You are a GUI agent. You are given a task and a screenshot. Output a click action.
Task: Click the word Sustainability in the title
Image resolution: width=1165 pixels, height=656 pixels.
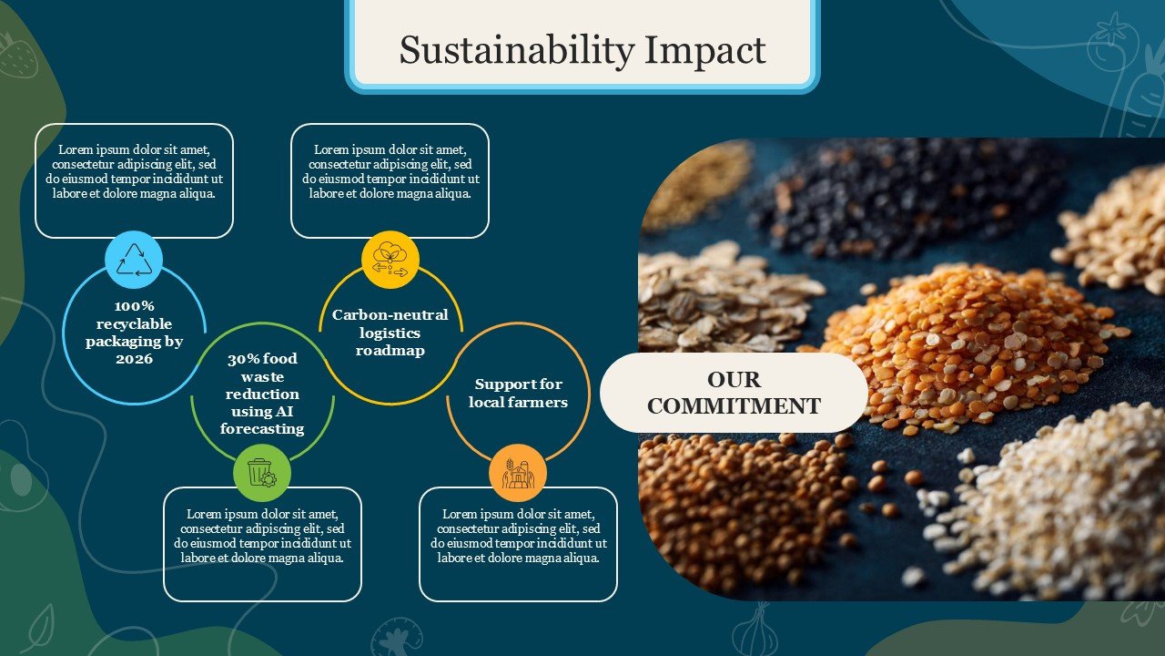[517, 51]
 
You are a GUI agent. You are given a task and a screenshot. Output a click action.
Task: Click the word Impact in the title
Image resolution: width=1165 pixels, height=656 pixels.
[705, 51]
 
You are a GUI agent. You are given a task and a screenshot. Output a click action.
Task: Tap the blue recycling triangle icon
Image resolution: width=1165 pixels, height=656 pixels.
[134, 260]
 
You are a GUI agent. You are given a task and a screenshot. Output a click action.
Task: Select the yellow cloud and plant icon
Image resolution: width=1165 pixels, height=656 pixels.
[390, 260]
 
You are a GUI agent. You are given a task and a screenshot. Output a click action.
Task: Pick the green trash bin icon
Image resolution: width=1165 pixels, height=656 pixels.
[261, 473]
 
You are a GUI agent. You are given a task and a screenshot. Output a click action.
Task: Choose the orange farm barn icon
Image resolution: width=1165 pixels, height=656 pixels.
[518, 473]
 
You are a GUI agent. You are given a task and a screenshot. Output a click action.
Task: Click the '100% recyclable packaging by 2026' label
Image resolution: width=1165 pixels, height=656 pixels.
[134, 333]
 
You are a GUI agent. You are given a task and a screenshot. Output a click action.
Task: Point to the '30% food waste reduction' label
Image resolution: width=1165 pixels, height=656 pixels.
[262, 394]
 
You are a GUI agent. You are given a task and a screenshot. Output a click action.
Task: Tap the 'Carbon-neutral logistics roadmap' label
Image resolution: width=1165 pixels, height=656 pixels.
[390, 333]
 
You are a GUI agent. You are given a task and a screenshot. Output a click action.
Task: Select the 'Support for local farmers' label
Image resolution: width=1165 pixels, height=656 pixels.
[518, 393]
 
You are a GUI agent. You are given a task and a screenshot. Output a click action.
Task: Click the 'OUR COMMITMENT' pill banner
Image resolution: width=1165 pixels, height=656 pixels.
[734, 393]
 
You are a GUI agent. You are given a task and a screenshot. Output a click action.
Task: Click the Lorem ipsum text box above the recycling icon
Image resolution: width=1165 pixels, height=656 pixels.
[134, 180]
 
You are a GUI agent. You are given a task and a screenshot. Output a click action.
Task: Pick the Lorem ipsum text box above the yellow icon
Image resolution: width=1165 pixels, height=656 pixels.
[390, 180]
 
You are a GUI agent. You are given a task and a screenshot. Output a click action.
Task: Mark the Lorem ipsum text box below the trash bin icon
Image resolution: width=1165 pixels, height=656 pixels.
[262, 544]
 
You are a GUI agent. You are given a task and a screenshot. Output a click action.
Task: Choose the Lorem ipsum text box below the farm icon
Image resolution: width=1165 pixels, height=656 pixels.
[518, 544]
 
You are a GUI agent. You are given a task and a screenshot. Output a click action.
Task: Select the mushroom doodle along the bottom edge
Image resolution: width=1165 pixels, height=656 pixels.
[396, 637]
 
